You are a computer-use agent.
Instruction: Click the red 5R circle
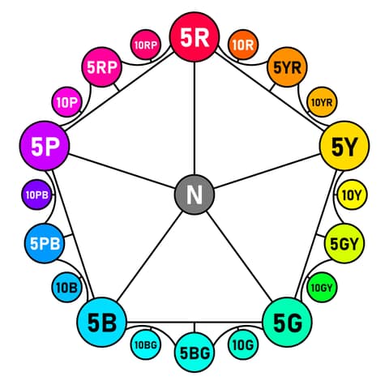pos(194,37)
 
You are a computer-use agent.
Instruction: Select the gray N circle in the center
pos(194,194)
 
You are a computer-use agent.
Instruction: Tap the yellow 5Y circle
pos(344,146)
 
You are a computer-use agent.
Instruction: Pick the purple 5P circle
pos(45,146)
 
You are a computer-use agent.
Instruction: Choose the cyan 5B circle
pos(102,322)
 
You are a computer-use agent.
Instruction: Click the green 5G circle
pos(287,322)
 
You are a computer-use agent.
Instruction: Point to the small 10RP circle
pos(146,45)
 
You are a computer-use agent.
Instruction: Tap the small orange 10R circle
pos(243,45)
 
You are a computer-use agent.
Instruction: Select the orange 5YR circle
pos(287,67)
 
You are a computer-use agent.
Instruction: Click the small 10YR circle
pos(322,102)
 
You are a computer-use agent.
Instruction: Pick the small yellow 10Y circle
pos(352,194)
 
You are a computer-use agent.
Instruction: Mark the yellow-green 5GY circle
pos(344,243)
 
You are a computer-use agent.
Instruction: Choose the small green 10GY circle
pos(322,288)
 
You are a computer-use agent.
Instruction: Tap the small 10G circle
pos(243,344)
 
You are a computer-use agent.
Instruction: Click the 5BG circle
pos(194,353)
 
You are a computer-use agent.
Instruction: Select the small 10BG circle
pos(146,344)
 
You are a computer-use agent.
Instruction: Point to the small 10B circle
pos(66,288)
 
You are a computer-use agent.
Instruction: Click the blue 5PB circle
pos(45,243)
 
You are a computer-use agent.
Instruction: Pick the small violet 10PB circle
pos(36,194)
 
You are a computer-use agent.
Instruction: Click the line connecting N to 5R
pos(194,118)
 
